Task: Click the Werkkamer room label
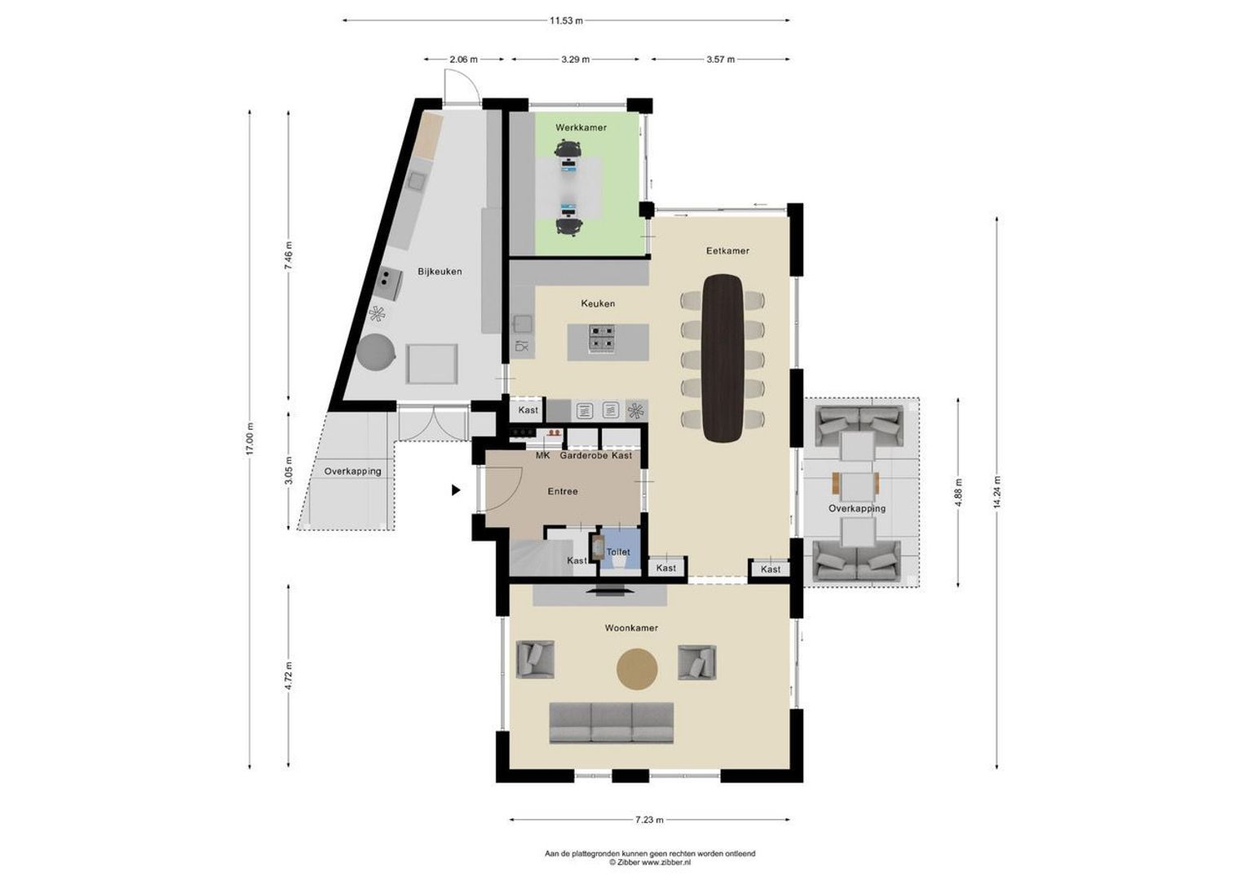581,128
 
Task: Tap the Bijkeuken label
440,272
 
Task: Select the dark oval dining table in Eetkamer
722,357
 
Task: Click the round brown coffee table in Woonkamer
636,669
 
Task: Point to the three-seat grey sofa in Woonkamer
612,723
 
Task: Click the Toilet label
618,552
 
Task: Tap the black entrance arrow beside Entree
456,490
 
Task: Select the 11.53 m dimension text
566,20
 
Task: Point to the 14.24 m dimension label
996,494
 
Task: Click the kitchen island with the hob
608,342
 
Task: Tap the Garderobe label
584,456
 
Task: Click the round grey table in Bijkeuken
376,353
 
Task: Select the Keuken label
598,303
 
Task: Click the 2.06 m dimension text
463,60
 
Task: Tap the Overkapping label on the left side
352,471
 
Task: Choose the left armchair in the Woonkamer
535,660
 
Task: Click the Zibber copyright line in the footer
650,861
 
